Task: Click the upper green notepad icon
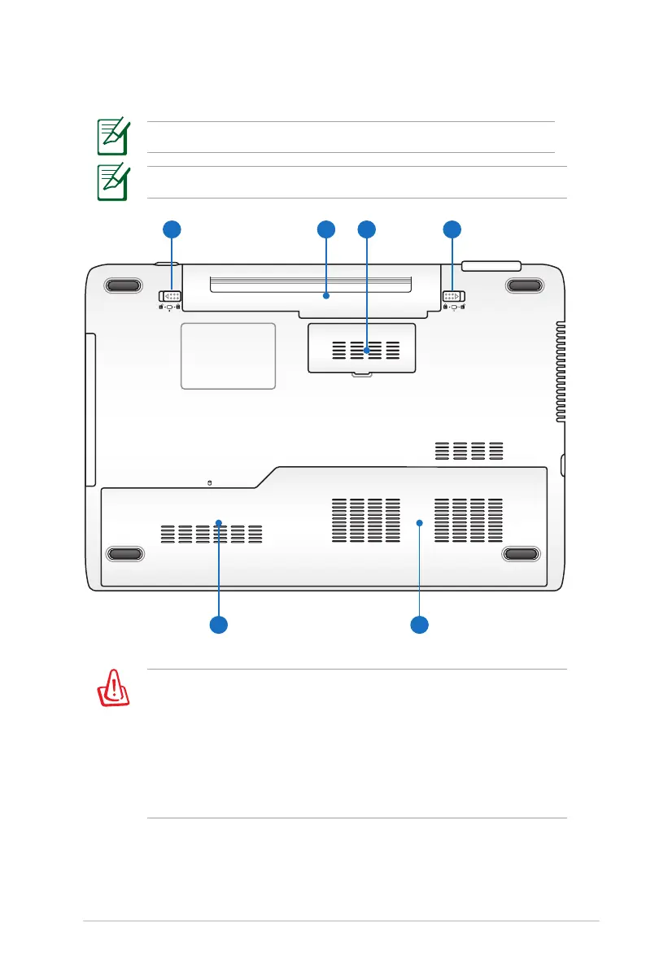112,137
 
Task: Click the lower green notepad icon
112,182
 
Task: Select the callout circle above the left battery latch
171,229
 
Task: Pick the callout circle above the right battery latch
453,229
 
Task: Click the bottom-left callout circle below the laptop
218,625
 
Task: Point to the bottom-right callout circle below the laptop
419,625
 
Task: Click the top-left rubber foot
123,285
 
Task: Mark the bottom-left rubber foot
124,554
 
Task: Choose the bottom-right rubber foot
522,554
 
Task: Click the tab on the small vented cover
361,374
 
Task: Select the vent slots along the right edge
560,371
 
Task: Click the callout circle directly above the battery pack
325,229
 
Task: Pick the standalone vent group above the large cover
469,450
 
